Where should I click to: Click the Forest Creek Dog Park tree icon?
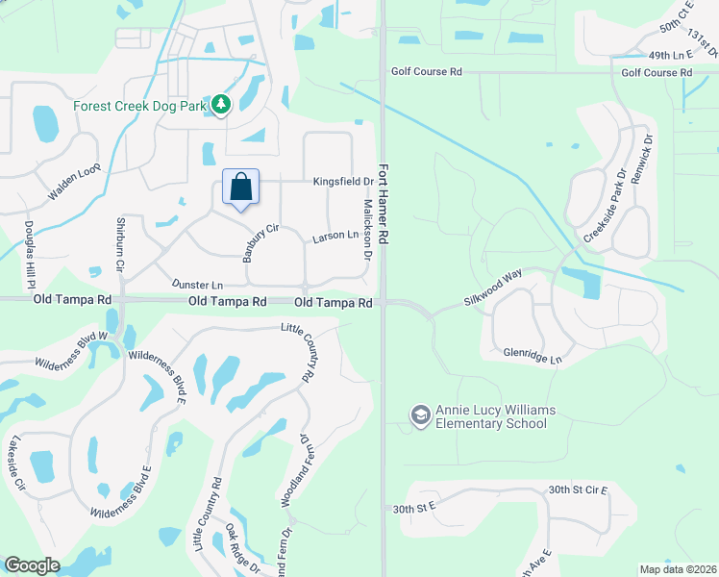point(221,104)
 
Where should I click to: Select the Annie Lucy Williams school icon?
point(420,415)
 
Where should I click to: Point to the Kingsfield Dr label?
point(343,181)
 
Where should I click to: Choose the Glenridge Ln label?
point(532,353)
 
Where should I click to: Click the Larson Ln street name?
point(335,237)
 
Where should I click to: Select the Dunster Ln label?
point(197,285)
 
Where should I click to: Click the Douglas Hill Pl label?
point(30,250)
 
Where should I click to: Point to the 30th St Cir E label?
point(578,490)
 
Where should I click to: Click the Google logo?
point(32,565)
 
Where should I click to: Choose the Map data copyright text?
point(678,569)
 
